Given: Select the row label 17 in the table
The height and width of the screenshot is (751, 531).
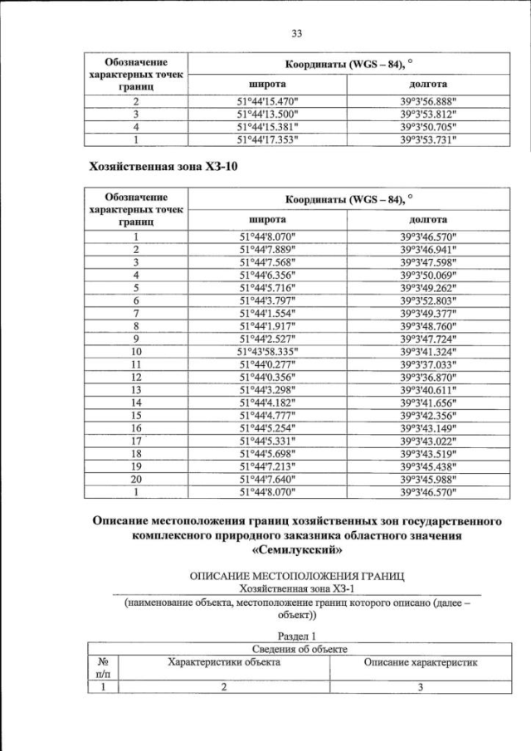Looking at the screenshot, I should coord(135,441).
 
